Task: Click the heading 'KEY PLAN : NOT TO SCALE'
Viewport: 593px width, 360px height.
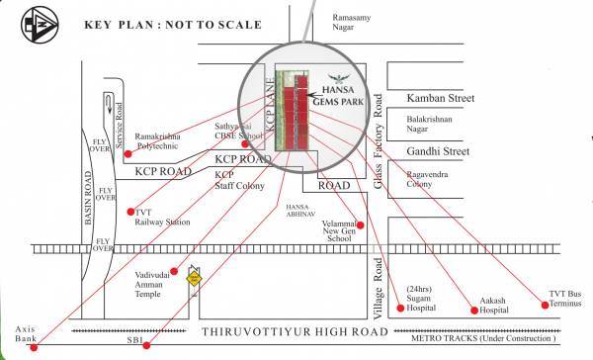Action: pyautogui.click(x=173, y=24)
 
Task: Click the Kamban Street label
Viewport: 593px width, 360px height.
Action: pyautogui.click(x=441, y=99)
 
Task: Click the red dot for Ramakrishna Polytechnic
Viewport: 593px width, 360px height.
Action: pyautogui.click(x=127, y=154)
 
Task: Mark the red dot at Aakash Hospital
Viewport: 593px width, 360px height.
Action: pyautogui.click(x=474, y=311)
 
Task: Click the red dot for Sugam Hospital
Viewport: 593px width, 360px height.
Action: pyautogui.click(x=399, y=308)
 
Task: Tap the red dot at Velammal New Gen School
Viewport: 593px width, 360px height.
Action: pyautogui.click(x=362, y=225)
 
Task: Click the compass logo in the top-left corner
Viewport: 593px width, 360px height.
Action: pyautogui.click(x=26, y=26)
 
